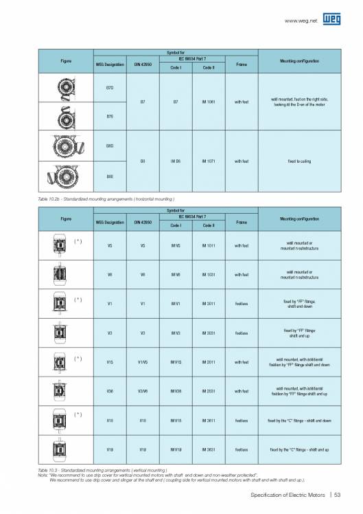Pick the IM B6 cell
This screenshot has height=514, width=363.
pos(176,161)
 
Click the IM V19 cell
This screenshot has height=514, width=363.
pos(176,449)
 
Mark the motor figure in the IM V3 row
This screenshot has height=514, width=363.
pos(51,332)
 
